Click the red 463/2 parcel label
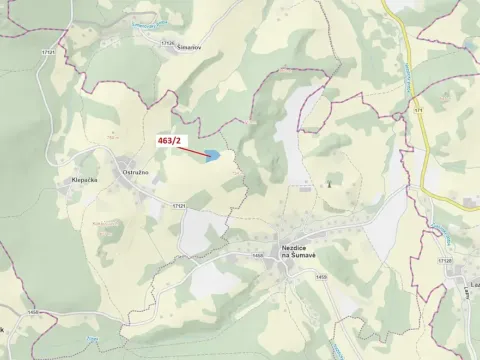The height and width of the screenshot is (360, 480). [x=171, y=142]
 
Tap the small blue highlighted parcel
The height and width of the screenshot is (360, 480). [x=212, y=155]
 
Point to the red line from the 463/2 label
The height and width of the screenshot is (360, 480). [x=192, y=150]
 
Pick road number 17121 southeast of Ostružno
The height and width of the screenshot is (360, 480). [x=178, y=204]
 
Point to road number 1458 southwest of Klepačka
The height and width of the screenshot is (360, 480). [x=35, y=313]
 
